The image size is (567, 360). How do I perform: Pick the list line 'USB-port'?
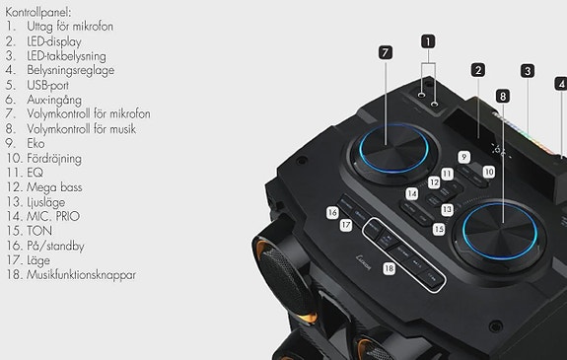pos(57,86)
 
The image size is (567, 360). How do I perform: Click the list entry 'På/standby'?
pos(63,245)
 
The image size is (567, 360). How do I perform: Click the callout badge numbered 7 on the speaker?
pos(386,52)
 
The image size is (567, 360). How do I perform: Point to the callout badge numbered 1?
pos(428,41)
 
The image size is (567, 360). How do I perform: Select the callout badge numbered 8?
pos(503,96)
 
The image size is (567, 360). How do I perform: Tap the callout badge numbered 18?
pos(389,268)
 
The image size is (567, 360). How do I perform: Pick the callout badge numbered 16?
pos(333,212)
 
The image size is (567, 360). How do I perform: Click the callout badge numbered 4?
pos(561,84)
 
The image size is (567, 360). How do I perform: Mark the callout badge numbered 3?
pos(528,70)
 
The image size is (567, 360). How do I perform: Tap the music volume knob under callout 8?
pos(496,226)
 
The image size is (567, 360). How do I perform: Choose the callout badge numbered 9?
pos(463,157)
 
